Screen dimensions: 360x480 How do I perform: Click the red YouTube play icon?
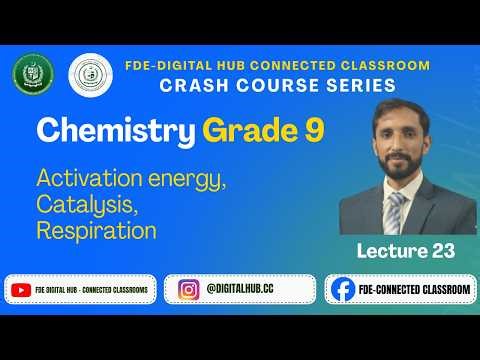click(22, 289)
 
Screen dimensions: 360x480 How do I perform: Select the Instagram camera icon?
click(189, 289)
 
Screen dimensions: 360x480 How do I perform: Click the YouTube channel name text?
click(91, 289)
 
